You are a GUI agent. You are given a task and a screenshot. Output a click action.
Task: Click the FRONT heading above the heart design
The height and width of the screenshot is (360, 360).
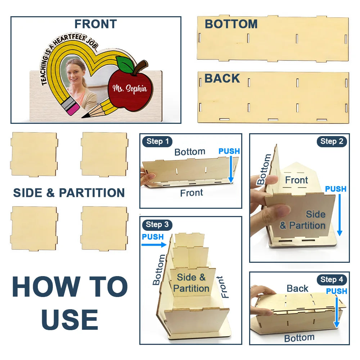(x=96, y=24)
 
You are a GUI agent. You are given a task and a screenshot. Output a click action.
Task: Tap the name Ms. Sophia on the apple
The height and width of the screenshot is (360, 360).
(x=130, y=89)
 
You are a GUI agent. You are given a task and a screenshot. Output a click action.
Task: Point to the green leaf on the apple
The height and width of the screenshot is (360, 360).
(x=125, y=64)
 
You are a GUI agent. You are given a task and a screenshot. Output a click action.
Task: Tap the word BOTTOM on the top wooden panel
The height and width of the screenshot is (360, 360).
(x=231, y=24)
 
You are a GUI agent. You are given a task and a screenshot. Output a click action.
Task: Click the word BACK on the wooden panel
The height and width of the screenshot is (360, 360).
(x=222, y=78)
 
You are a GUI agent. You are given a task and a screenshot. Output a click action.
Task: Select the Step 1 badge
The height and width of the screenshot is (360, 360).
(x=158, y=141)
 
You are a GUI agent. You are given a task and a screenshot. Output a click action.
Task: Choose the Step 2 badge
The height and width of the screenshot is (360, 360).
(x=332, y=141)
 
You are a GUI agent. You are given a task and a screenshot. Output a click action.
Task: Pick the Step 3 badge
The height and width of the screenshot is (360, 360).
(x=157, y=224)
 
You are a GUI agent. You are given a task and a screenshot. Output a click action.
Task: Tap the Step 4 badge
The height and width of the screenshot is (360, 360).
(x=332, y=280)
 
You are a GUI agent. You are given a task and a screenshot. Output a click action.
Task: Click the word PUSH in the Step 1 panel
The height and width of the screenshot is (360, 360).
(x=229, y=151)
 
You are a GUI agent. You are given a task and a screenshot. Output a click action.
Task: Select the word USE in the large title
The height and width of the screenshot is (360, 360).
(x=70, y=319)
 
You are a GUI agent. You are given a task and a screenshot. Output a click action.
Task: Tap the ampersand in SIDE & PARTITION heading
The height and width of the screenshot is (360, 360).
(x=50, y=193)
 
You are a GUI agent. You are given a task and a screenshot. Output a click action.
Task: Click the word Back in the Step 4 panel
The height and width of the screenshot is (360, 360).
(x=297, y=288)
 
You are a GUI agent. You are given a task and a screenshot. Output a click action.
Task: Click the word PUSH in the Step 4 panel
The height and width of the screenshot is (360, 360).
(x=337, y=291)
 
